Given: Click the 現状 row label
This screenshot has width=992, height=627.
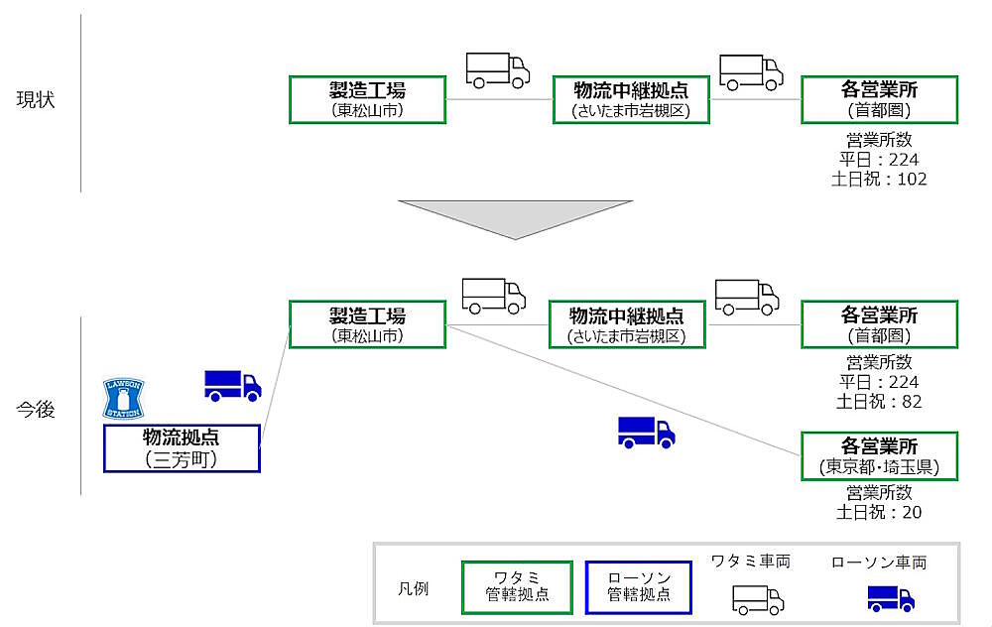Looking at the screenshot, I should click(35, 100).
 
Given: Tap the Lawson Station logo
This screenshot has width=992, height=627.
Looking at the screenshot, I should click(124, 398).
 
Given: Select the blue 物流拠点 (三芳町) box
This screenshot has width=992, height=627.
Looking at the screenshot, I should click(182, 448).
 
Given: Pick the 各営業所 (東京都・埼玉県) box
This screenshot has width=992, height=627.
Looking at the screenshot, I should click(879, 455).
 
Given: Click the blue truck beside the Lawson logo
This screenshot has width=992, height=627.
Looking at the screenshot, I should click(232, 385).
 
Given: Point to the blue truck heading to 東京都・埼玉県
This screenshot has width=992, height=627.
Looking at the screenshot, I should click(646, 432).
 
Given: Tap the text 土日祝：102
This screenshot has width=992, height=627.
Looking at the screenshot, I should click(879, 180).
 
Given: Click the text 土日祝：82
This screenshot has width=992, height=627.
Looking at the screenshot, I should click(879, 402).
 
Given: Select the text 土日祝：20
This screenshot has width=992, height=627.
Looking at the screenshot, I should click(879, 513).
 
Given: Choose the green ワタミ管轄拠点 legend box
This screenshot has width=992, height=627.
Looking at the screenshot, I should click(516, 586).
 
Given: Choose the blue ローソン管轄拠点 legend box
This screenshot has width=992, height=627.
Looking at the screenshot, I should click(639, 586).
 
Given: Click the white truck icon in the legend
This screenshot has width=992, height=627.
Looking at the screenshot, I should click(758, 598).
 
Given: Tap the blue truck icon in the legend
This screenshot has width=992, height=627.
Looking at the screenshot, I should click(891, 597).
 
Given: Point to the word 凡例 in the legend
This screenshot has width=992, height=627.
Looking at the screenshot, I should click(413, 587).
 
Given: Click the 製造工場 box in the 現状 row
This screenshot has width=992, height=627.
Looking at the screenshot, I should click(367, 99).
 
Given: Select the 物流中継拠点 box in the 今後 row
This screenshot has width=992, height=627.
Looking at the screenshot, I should click(626, 325).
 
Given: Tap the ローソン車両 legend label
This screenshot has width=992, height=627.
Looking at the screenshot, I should click(879, 563).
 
